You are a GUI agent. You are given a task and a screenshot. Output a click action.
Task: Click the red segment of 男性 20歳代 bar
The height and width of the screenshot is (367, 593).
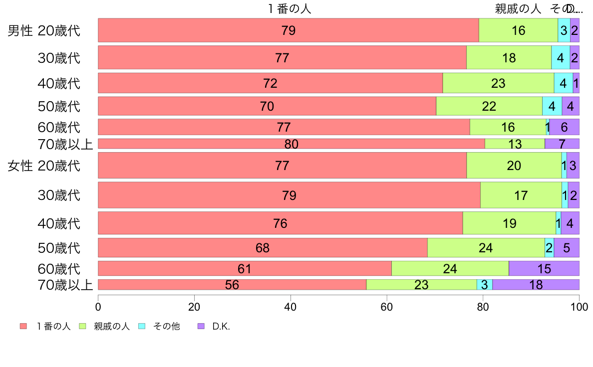pos(288,30)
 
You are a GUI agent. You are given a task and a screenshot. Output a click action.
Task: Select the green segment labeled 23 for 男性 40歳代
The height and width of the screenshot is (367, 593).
pos(498,83)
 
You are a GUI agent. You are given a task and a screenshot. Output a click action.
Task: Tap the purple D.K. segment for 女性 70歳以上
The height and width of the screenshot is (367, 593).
pos(536,285)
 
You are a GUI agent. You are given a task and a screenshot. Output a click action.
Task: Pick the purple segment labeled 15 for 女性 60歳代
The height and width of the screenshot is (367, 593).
pos(544,268)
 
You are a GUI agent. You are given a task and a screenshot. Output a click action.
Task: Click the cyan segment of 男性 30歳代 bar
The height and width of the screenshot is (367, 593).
pos(560,57)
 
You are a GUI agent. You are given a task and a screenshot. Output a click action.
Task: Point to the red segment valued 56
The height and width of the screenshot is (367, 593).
pos(232,285)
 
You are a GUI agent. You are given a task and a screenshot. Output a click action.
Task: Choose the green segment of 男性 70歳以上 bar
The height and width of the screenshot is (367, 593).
pos(515,144)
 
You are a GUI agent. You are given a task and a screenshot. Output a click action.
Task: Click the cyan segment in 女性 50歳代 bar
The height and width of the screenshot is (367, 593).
pos(549,248)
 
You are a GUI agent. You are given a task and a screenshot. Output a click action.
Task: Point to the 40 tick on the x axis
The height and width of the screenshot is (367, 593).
pos(291,306)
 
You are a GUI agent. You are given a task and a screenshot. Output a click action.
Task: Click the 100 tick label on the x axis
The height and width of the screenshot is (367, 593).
pos(579,306)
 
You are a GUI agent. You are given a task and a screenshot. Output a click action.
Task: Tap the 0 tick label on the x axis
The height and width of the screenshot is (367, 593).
pos(98,306)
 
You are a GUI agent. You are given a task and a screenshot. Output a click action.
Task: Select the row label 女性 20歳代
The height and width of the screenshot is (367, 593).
pos(44,166)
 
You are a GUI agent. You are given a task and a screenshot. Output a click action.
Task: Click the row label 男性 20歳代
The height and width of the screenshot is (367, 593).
pos(44,31)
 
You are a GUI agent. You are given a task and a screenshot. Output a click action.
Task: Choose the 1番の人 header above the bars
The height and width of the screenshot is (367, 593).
pos(289,8)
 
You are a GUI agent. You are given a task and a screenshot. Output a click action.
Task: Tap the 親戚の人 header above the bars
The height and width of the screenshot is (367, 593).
pos(518,8)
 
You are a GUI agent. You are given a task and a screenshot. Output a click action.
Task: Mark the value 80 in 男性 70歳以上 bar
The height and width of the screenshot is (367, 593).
pos(291,144)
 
